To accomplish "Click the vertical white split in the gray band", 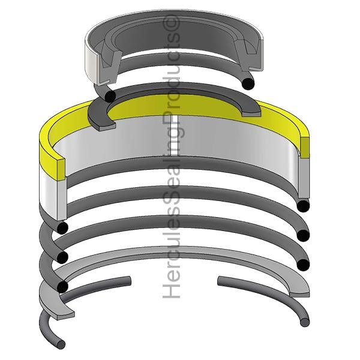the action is [175, 136].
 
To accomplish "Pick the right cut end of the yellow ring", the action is [305, 148].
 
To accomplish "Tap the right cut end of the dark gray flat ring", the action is [251, 114].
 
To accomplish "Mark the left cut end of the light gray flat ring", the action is [65, 315].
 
